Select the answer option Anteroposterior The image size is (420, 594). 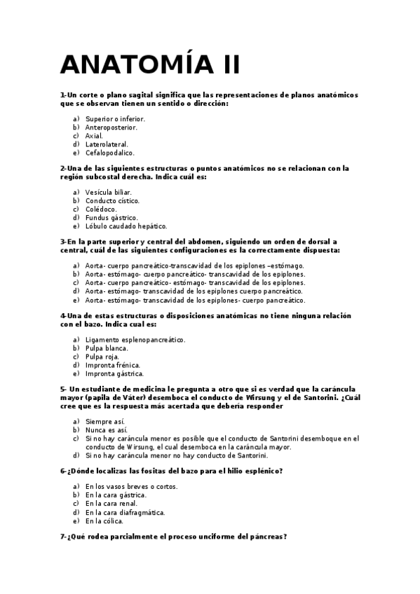click(111, 127)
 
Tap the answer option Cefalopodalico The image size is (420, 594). click(109, 153)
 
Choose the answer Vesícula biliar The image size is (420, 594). click(108, 192)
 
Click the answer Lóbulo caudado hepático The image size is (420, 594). click(126, 226)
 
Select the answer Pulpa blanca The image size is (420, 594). click(107, 348)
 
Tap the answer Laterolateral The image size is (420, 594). click(107, 144)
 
